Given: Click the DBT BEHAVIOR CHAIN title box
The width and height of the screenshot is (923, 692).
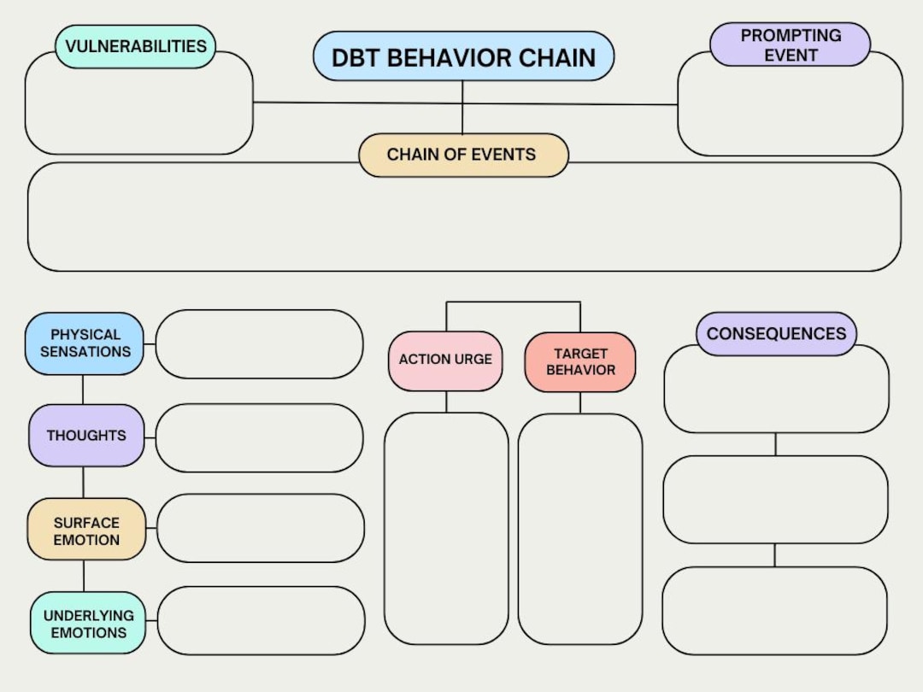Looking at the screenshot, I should (463, 57).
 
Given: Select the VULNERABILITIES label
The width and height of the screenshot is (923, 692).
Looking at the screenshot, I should (136, 46).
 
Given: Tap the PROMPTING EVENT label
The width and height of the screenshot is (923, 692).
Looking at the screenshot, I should (790, 45).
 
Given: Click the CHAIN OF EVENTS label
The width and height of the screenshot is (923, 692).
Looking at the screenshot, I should (462, 155).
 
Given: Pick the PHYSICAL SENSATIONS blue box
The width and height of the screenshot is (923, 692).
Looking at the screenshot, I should (85, 343).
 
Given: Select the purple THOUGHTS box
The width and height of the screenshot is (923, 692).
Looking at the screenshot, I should (86, 436).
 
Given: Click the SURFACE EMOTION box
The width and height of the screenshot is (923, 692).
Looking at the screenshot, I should (86, 530).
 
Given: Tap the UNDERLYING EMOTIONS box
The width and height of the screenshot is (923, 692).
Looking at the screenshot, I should (88, 624).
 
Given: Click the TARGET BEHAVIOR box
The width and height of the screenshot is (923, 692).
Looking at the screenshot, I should (580, 361).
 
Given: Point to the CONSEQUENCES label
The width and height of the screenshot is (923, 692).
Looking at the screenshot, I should (776, 334).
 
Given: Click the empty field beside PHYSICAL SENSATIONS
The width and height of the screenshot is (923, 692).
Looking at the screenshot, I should (259, 344).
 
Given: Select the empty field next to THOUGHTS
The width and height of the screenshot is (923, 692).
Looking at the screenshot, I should (259, 437).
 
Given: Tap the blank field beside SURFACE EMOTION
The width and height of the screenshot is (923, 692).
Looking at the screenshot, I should (260, 528).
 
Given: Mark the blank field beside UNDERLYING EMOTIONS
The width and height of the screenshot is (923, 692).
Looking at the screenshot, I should (261, 621).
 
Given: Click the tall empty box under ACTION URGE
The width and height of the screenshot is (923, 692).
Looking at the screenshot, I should (446, 528).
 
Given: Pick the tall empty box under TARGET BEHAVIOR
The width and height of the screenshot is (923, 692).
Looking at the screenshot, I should (580, 529).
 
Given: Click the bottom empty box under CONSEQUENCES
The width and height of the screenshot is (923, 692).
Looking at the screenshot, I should (774, 611).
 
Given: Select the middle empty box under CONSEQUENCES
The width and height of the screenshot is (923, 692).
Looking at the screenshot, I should (775, 500).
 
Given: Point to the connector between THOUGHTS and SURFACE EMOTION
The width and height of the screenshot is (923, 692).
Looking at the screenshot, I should (83, 483).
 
